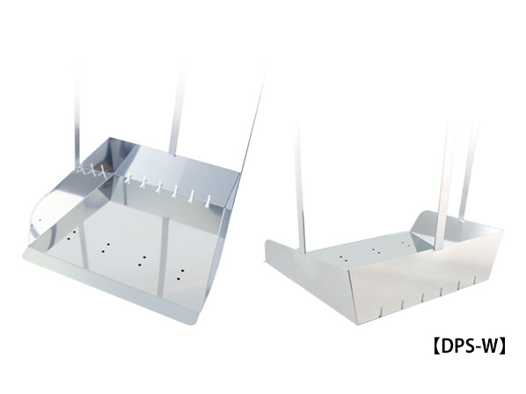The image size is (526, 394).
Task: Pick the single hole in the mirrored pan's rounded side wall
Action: pos(40,221)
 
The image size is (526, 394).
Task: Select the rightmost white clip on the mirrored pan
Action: pos(209,201)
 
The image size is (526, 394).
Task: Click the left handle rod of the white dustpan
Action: pos(301,188)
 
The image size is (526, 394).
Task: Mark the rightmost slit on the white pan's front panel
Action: pos(475,279)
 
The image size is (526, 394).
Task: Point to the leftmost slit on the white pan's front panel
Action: pos(382,312)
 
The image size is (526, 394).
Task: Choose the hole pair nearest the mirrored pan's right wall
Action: pos(181,274)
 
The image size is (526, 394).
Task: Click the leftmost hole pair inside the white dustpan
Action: pos(343,259)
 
